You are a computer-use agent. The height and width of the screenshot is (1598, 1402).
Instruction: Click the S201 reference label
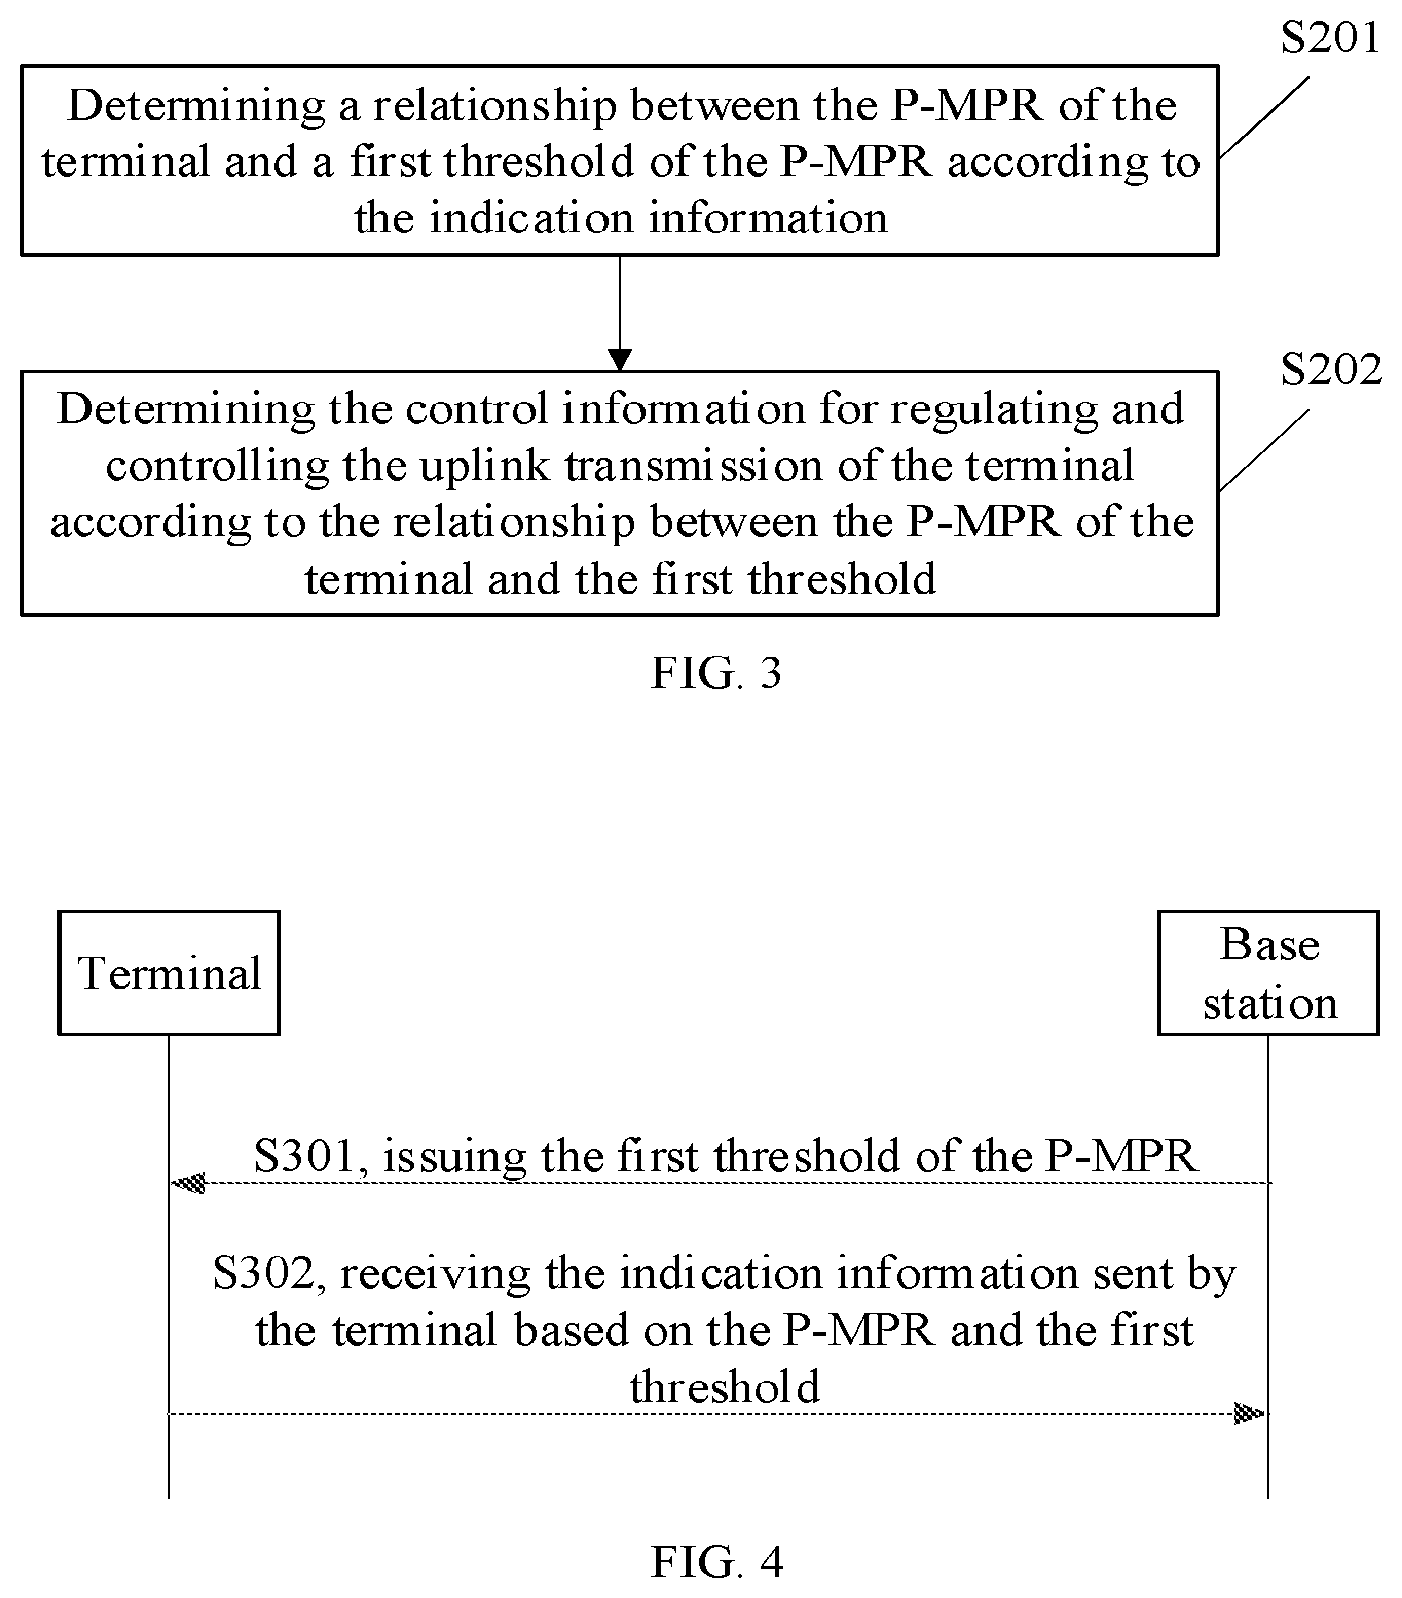pyautogui.click(x=1330, y=38)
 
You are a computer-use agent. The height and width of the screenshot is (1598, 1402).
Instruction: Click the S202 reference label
pyautogui.click(x=1331, y=370)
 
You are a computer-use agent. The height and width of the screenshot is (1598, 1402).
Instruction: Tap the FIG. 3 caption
pyautogui.click(x=716, y=673)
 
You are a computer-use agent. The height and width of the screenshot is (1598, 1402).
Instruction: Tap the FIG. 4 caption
pyautogui.click(x=716, y=1561)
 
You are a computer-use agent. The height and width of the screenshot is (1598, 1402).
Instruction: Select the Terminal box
pyautogui.click(x=169, y=972)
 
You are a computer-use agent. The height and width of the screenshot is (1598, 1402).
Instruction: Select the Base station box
pyautogui.click(x=1268, y=972)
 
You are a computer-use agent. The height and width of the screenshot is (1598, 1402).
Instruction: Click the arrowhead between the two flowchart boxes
pyautogui.click(x=620, y=360)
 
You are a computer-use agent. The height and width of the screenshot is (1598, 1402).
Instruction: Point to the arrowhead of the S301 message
pyautogui.click(x=189, y=1183)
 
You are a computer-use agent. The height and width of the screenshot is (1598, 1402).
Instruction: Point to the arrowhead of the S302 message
pyautogui.click(x=1250, y=1413)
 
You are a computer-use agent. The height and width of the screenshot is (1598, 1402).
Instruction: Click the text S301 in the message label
pyautogui.click(x=304, y=1156)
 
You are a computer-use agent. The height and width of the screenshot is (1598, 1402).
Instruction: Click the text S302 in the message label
pyautogui.click(x=264, y=1274)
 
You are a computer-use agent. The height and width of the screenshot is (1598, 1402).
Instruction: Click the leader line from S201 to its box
pyautogui.click(x=1264, y=117)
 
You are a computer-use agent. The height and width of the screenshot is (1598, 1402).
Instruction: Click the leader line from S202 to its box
pyautogui.click(x=1264, y=450)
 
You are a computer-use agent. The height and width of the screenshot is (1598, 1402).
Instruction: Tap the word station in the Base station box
pyautogui.click(x=1269, y=1003)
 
